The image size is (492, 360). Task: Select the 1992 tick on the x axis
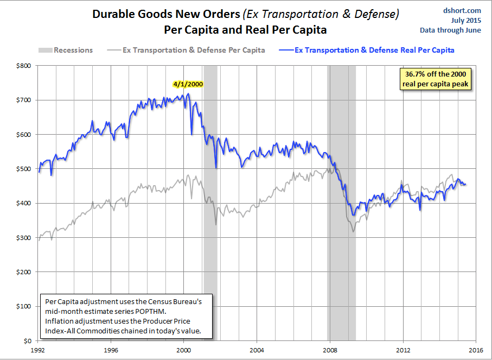[39, 351]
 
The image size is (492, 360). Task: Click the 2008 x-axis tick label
[330, 351]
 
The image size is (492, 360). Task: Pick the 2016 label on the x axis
[475, 351]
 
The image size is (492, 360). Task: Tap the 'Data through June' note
[450, 30]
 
